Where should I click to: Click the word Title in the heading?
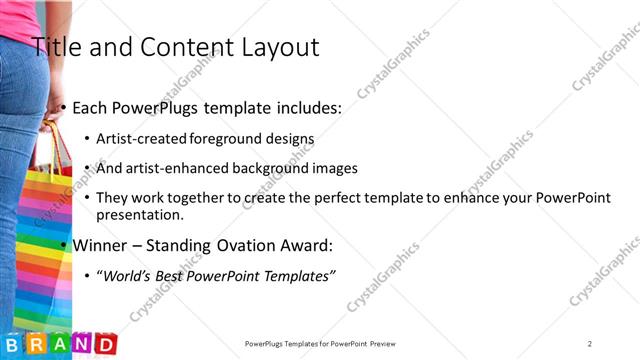(59, 46)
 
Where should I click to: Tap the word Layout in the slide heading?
(275, 46)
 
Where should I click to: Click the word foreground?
(241, 138)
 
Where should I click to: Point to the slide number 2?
(590, 344)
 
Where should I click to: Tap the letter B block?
(13, 344)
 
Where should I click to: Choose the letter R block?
(36, 344)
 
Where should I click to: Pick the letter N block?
(81, 344)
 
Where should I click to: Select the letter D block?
(104, 344)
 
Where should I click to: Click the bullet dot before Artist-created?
(88, 138)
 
